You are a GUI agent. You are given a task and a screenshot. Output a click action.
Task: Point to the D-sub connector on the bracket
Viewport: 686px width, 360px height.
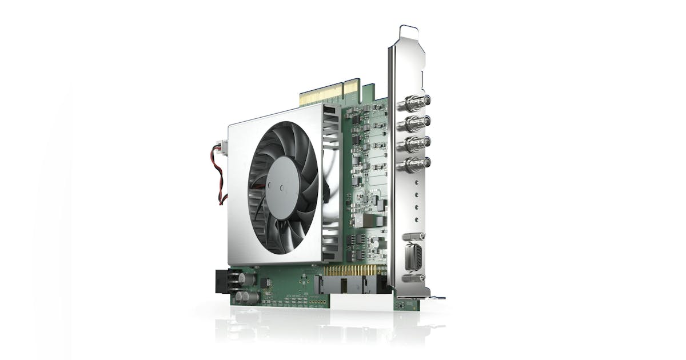pos(414,257)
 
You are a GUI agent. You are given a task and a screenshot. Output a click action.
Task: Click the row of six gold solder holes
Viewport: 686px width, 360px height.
pos(317,302)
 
